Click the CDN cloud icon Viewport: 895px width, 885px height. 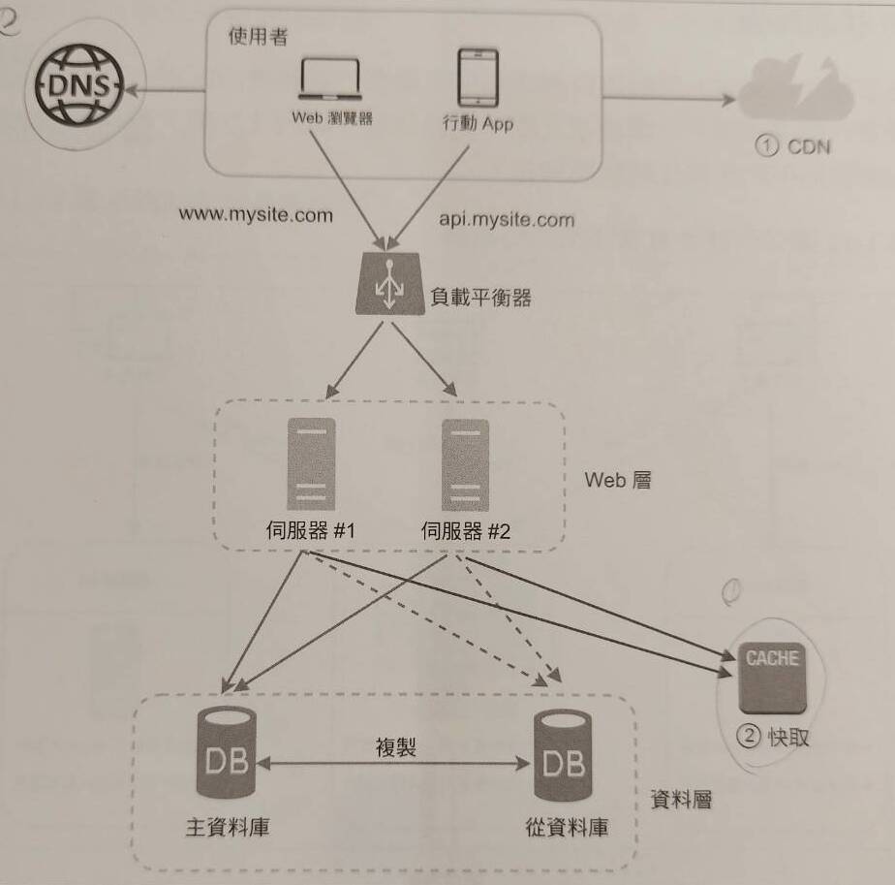(793, 98)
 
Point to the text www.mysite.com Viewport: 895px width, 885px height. (256, 214)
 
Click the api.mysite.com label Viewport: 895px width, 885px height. (507, 219)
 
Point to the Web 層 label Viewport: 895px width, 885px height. (618, 479)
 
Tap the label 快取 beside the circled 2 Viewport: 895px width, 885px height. (788, 737)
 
